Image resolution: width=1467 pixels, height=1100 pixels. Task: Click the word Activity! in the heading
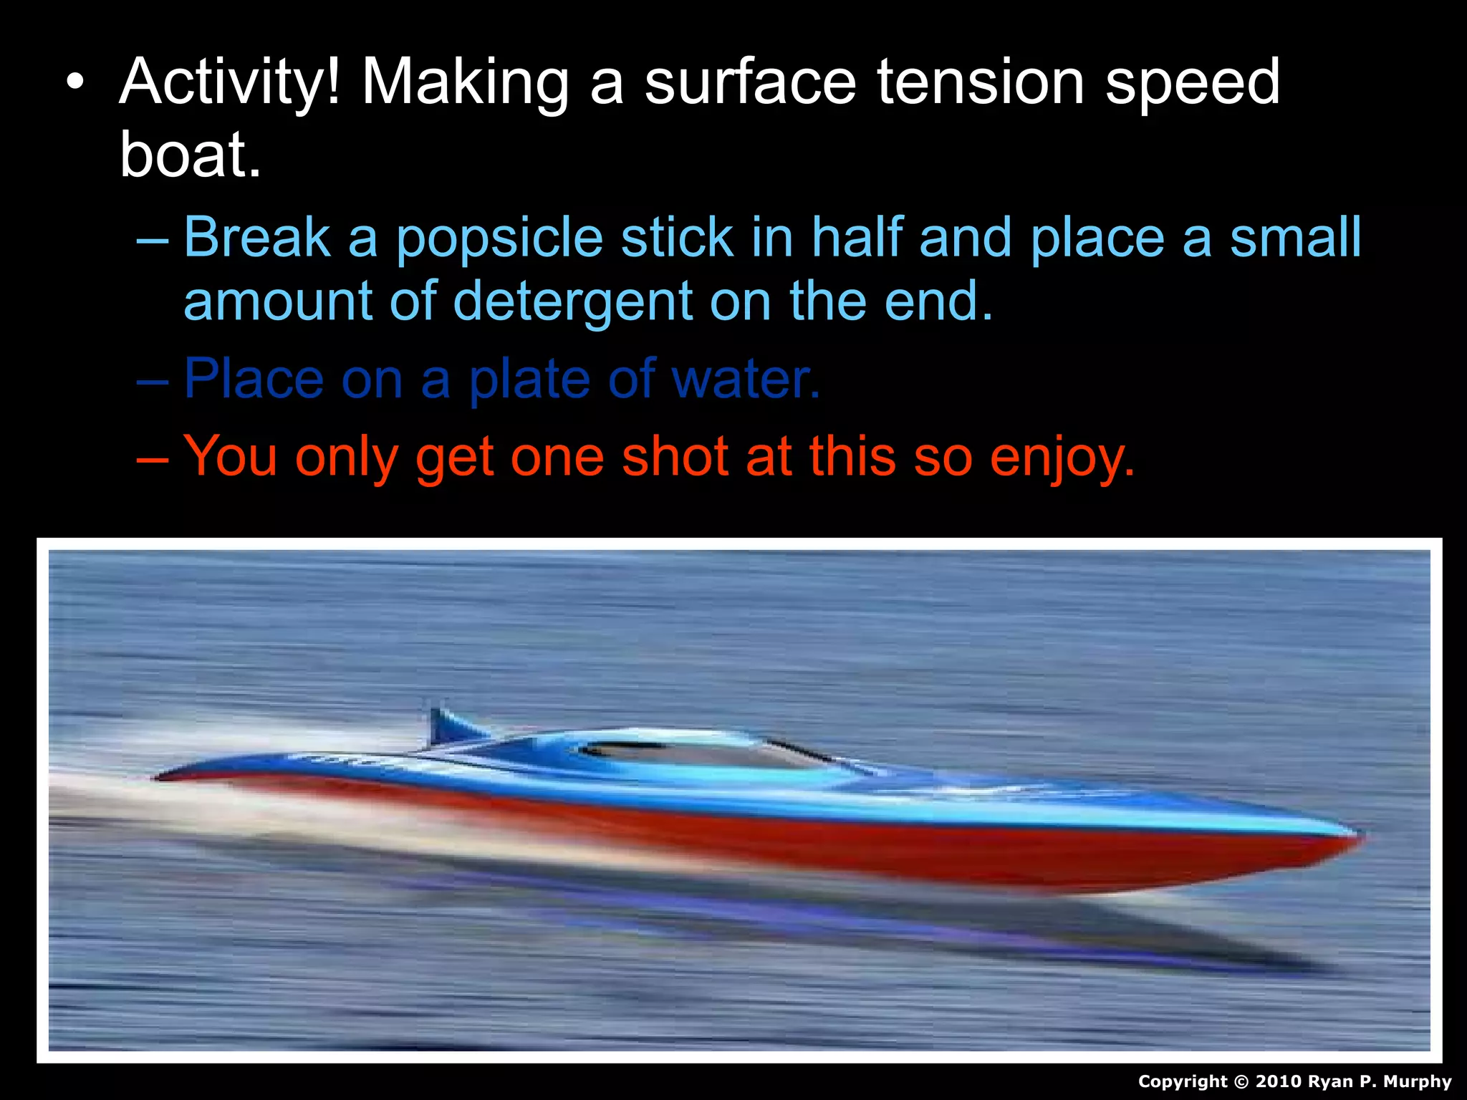point(229,82)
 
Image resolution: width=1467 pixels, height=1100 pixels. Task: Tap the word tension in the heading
point(981,82)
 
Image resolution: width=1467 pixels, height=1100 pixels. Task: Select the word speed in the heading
point(1192,82)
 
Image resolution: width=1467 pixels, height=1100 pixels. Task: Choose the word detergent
point(572,301)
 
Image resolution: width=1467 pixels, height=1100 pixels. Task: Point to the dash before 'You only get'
point(153,457)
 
